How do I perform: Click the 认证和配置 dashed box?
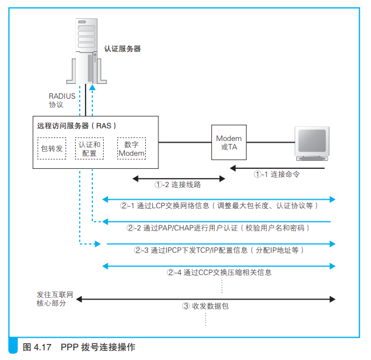click(89, 148)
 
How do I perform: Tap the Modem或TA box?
click(229, 141)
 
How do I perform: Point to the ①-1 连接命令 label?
click(277, 175)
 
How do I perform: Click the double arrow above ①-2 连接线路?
click(179, 179)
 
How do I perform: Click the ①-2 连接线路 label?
click(178, 185)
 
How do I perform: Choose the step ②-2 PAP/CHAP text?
click(218, 228)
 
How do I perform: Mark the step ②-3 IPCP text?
click(219, 250)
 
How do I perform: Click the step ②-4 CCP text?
click(219, 272)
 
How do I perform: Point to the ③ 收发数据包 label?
click(205, 306)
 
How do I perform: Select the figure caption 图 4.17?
click(79, 347)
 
